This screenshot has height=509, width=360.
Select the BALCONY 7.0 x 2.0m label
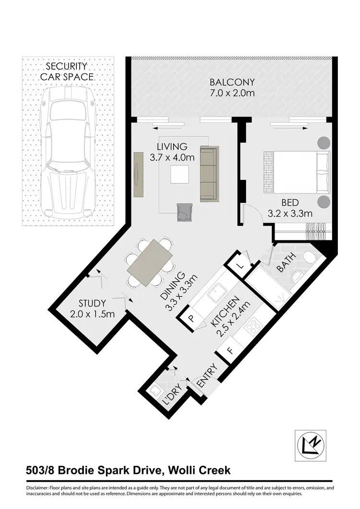click(232, 87)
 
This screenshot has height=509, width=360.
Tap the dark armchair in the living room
click(184, 212)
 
